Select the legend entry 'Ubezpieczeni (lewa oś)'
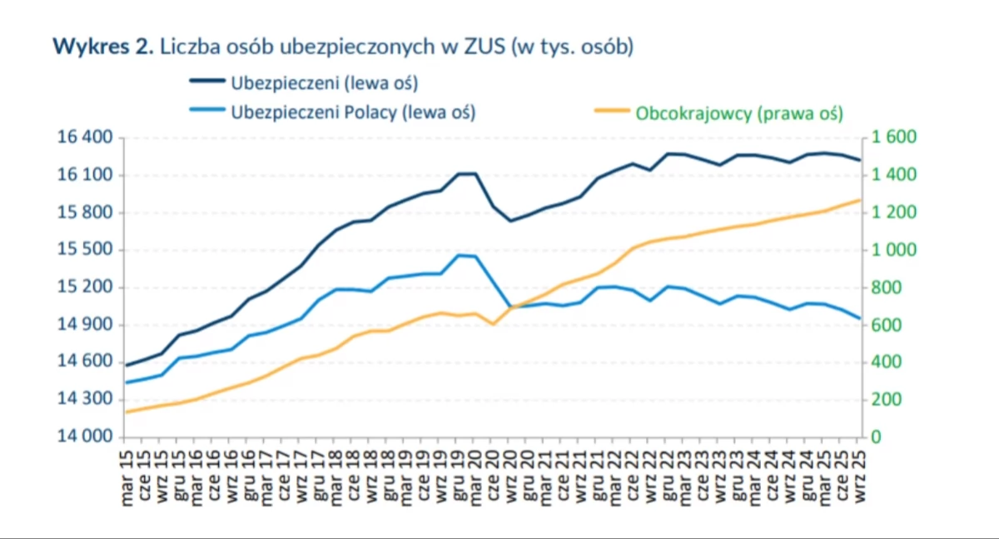pos(324,83)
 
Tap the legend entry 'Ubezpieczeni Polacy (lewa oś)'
pos(353,112)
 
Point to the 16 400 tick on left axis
pos(83,137)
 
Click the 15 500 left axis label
pos(83,250)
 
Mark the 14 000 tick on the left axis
pos(83,437)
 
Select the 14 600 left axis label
pos(83,362)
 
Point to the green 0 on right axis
pos(876,437)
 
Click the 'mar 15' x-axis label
pos(127,475)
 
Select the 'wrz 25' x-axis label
pos(859,475)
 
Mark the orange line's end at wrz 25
pos(859,200)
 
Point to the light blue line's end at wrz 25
pos(859,317)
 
